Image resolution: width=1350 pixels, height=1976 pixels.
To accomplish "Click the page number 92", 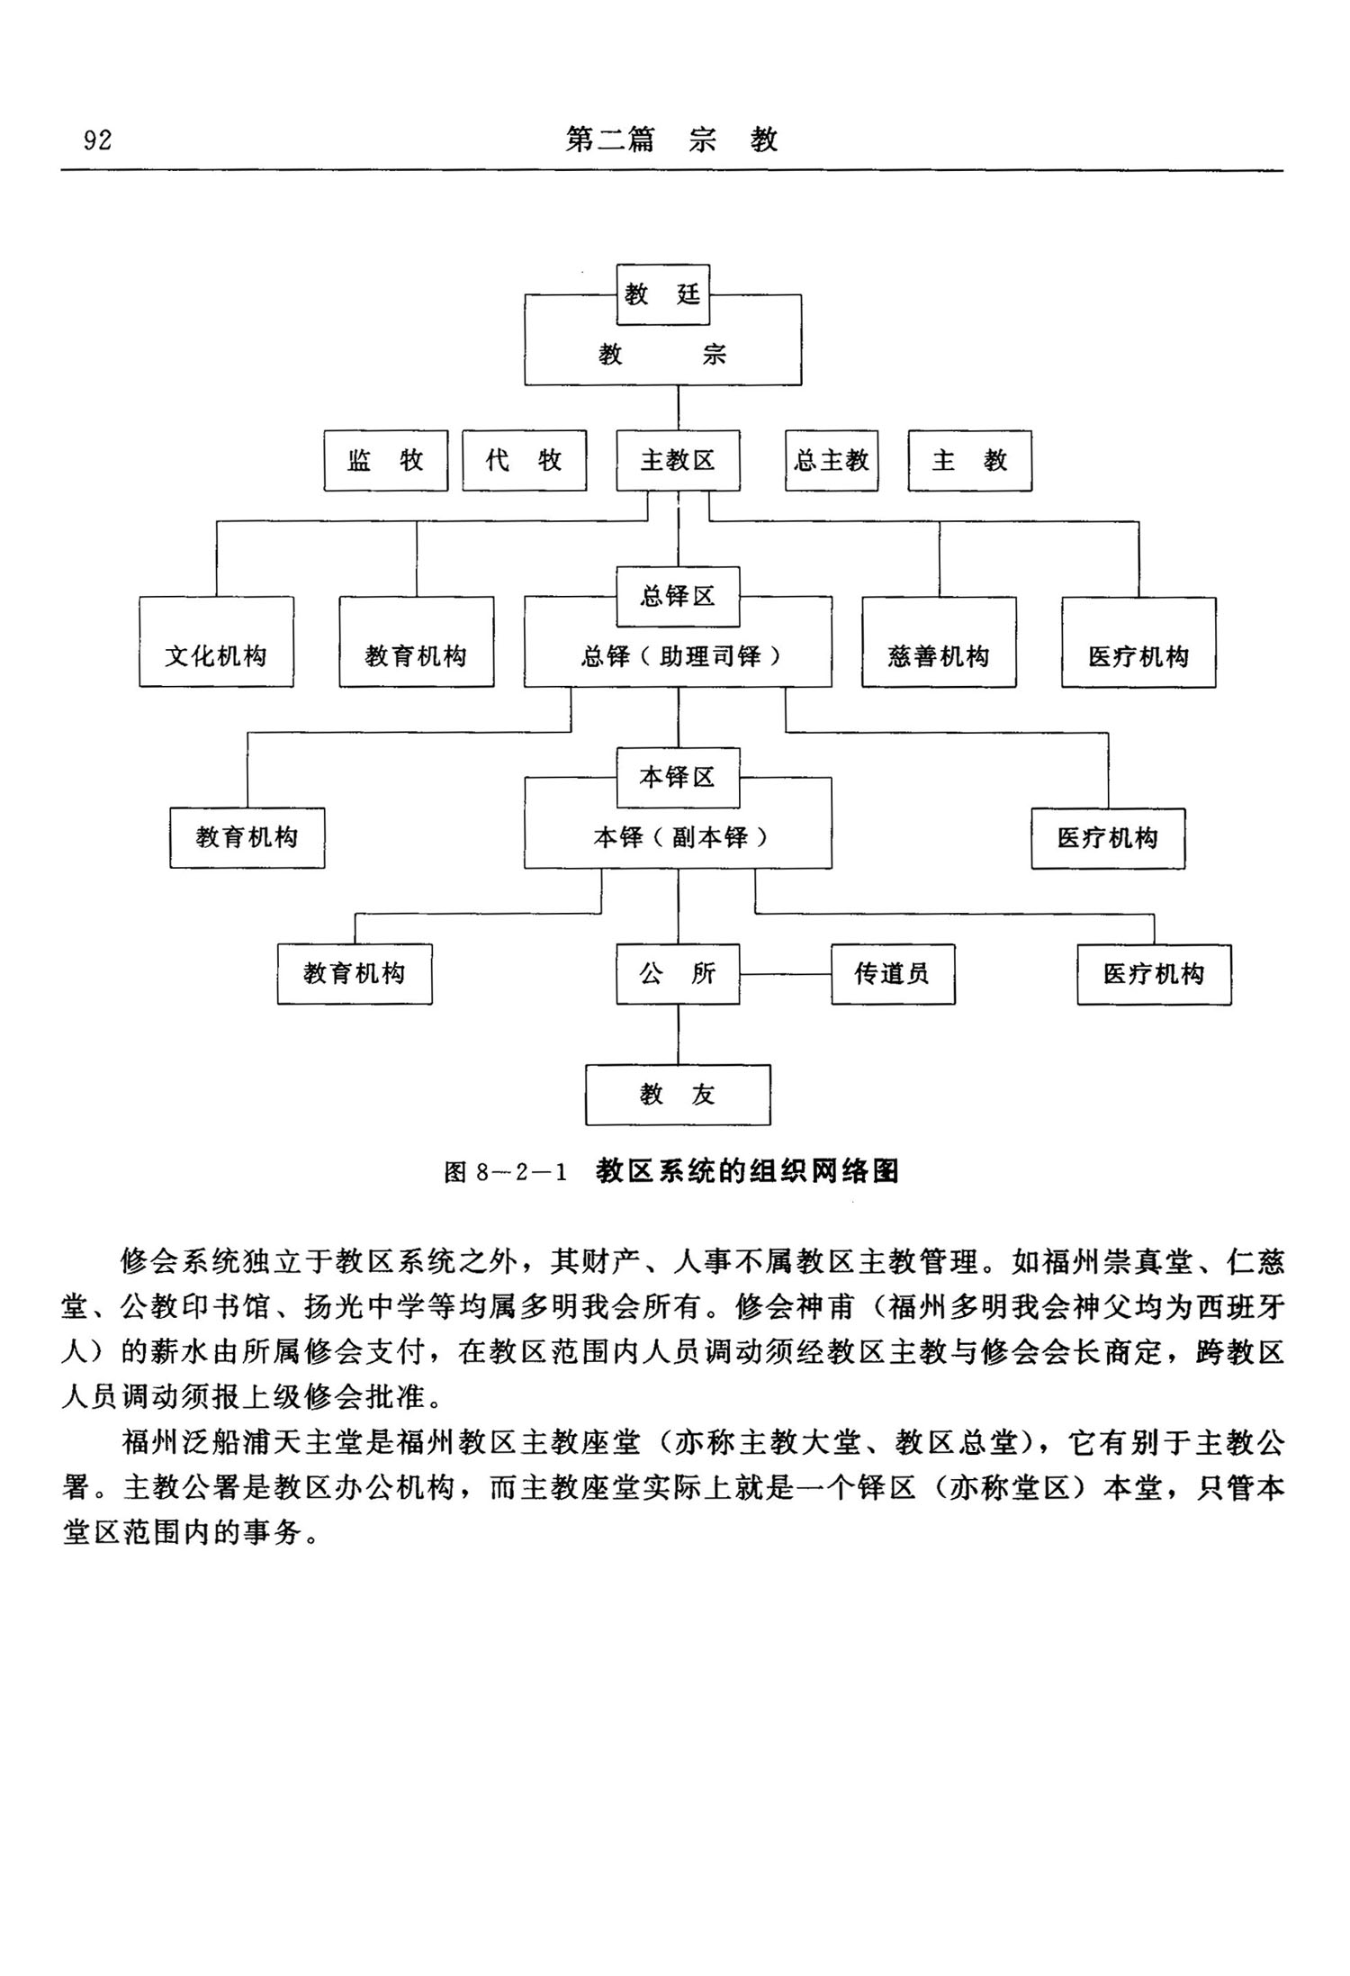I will (x=97, y=140).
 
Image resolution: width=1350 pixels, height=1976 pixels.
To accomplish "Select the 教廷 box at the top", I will (x=663, y=294).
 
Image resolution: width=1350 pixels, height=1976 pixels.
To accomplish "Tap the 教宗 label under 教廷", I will (x=663, y=355).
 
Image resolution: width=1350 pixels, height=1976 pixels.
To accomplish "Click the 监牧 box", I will (x=385, y=461).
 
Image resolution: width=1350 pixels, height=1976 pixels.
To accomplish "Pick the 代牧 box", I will (x=524, y=461).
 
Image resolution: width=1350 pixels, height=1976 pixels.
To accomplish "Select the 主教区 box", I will (x=678, y=461).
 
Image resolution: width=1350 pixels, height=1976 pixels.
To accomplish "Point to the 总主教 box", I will (x=832, y=461).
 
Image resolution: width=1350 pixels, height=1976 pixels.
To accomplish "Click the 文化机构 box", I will (x=216, y=655).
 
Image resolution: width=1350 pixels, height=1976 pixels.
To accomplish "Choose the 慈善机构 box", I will (x=939, y=655).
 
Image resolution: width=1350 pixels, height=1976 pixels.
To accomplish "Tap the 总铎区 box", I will (x=678, y=597).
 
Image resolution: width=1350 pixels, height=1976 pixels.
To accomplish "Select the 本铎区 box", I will (x=678, y=778).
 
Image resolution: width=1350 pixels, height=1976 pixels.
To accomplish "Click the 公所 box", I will (x=678, y=974).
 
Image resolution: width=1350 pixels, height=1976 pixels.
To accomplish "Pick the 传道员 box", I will (x=892, y=974).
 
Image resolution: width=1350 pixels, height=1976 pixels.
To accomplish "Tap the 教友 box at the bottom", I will (x=678, y=1095).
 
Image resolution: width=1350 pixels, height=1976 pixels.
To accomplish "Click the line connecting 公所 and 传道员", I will (x=785, y=974).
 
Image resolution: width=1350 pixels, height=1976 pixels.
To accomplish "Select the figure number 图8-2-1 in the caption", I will (x=506, y=1172).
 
